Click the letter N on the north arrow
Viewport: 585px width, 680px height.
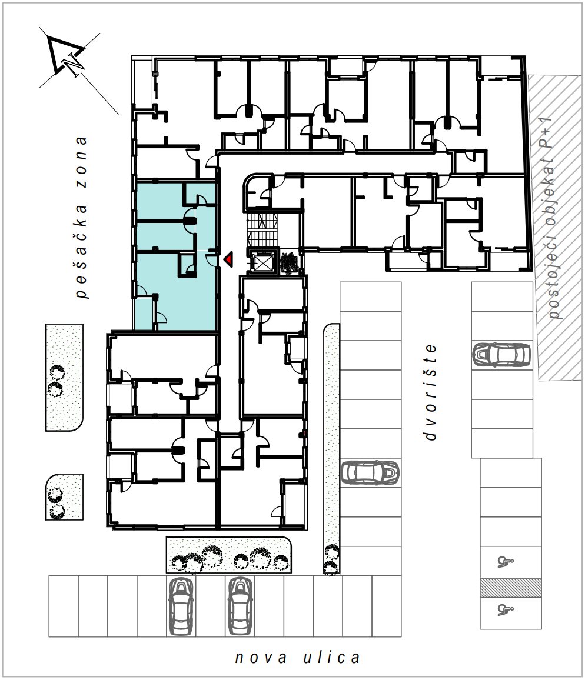pyautogui.click(x=72, y=64)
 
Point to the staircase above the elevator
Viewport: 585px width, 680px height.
pyautogui.click(x=262, y=230)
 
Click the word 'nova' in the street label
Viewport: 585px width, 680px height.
pyautogui.click(x=261, y=658)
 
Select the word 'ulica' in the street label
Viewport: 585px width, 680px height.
pyautogui.click(x=331, y=658)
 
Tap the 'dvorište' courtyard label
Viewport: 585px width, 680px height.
pyautogui.click(x=430, y=392)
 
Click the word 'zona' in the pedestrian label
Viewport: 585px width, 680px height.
pyautogui.click(x=81, y=162)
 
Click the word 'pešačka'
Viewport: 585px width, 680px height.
pyautogui.click(x=81, y=252)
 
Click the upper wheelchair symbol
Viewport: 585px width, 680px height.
pyautogui.click(x=505, y=562)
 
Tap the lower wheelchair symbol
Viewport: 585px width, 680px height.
pyautogui.click(x=505, y=610)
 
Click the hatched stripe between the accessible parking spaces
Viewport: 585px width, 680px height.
pyautogui.click(x=511, y=588)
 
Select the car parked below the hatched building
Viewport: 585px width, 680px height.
pyautogui.click(x=501, y=355)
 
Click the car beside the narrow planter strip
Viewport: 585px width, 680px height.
pyautogui.click(x=370, y=472)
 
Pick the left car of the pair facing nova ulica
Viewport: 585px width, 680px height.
pyautogui.click(x=181, y=606)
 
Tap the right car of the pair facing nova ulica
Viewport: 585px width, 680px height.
pyautogui.click(x=240, y=606)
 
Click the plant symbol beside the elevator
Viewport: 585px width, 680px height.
pyautogui.click(x=288, y=263)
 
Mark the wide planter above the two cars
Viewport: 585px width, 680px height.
pyautogui.click(x=229, y=555)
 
